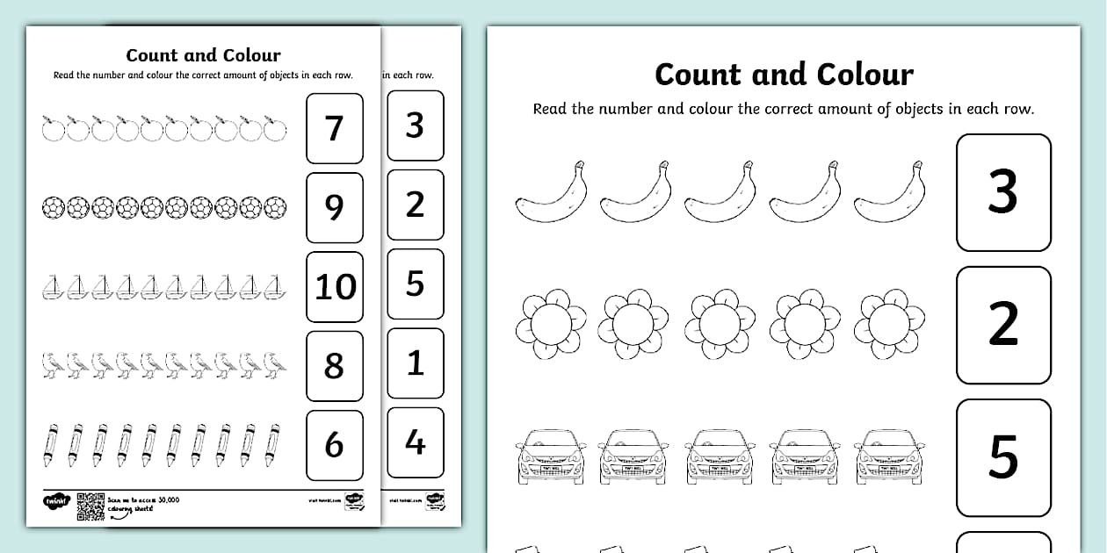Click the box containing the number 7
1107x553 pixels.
334,128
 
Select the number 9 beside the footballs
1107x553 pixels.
334,207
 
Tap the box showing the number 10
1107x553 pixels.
335,286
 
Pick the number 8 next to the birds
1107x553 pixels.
334,365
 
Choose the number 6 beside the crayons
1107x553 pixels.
334,445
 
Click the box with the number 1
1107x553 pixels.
415,363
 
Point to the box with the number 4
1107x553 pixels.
415,442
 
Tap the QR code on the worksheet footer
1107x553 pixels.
89,506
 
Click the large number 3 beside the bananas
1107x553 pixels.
1002,192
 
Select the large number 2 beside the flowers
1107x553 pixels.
1002,325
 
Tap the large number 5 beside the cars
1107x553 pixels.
1002,457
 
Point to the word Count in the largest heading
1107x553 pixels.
700,75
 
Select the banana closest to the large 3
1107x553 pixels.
889,194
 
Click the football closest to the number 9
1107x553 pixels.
276,208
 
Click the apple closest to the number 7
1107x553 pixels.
276,129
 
